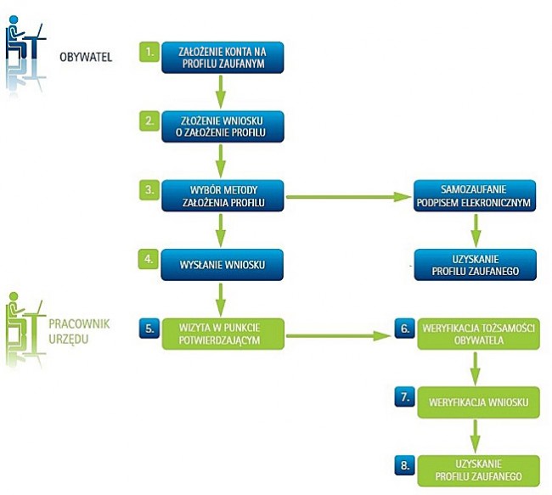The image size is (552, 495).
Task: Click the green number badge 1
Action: click(149, 51)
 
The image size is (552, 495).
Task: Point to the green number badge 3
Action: click(149, 190)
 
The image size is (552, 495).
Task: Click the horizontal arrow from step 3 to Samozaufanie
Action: click(348, 198)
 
